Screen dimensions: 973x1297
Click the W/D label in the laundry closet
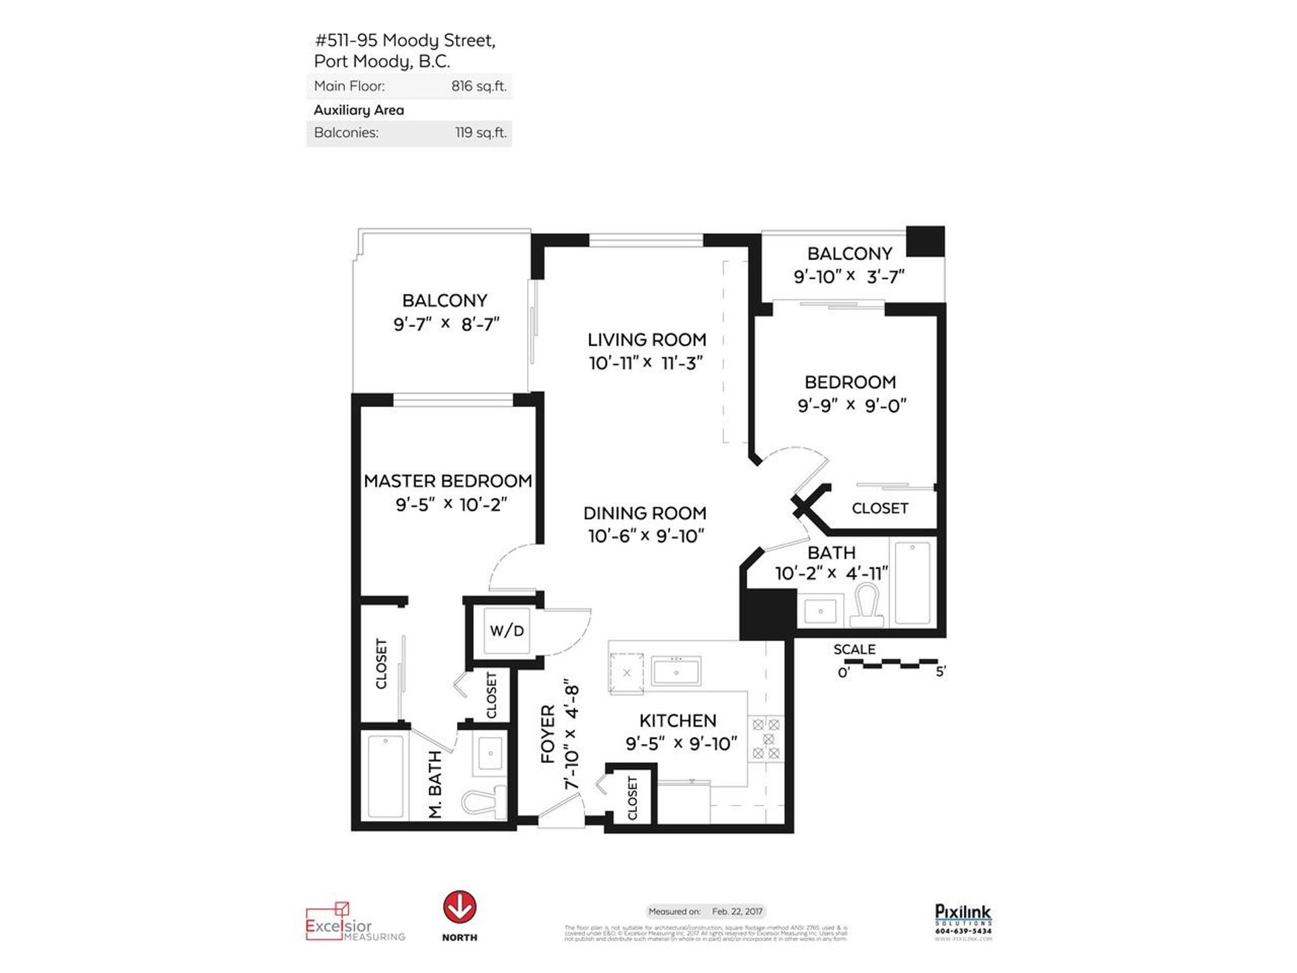click(x=507, y=631)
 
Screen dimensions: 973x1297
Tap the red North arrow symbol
click(x=459, y=907)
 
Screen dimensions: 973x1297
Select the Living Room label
click(x=646, y=340)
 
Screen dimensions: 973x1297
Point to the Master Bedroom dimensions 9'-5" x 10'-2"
click(x=451, y=505)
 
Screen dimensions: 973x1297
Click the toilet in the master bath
click(x=484, y=802)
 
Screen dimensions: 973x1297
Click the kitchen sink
click(x=676, y=673)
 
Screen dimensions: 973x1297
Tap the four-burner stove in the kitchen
click(x=766, y=739)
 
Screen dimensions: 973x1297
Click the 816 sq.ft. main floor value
click(x=479, y=86)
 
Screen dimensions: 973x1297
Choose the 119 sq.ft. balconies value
click(x=480, y=133)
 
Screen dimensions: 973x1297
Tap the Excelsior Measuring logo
click(x=355, y=922)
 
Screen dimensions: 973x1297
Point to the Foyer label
click(x=548, y=734)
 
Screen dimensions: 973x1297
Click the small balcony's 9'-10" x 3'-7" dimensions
click(x=848, y=277)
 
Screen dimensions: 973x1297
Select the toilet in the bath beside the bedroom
click(x=867, y=605)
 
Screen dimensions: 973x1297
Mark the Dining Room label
click(x=644, y=514)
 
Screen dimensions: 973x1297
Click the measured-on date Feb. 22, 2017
click(x=737, y=912)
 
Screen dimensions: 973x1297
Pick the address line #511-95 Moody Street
click(x=405, y=41)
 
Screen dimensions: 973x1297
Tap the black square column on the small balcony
click(x=925, y=242)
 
